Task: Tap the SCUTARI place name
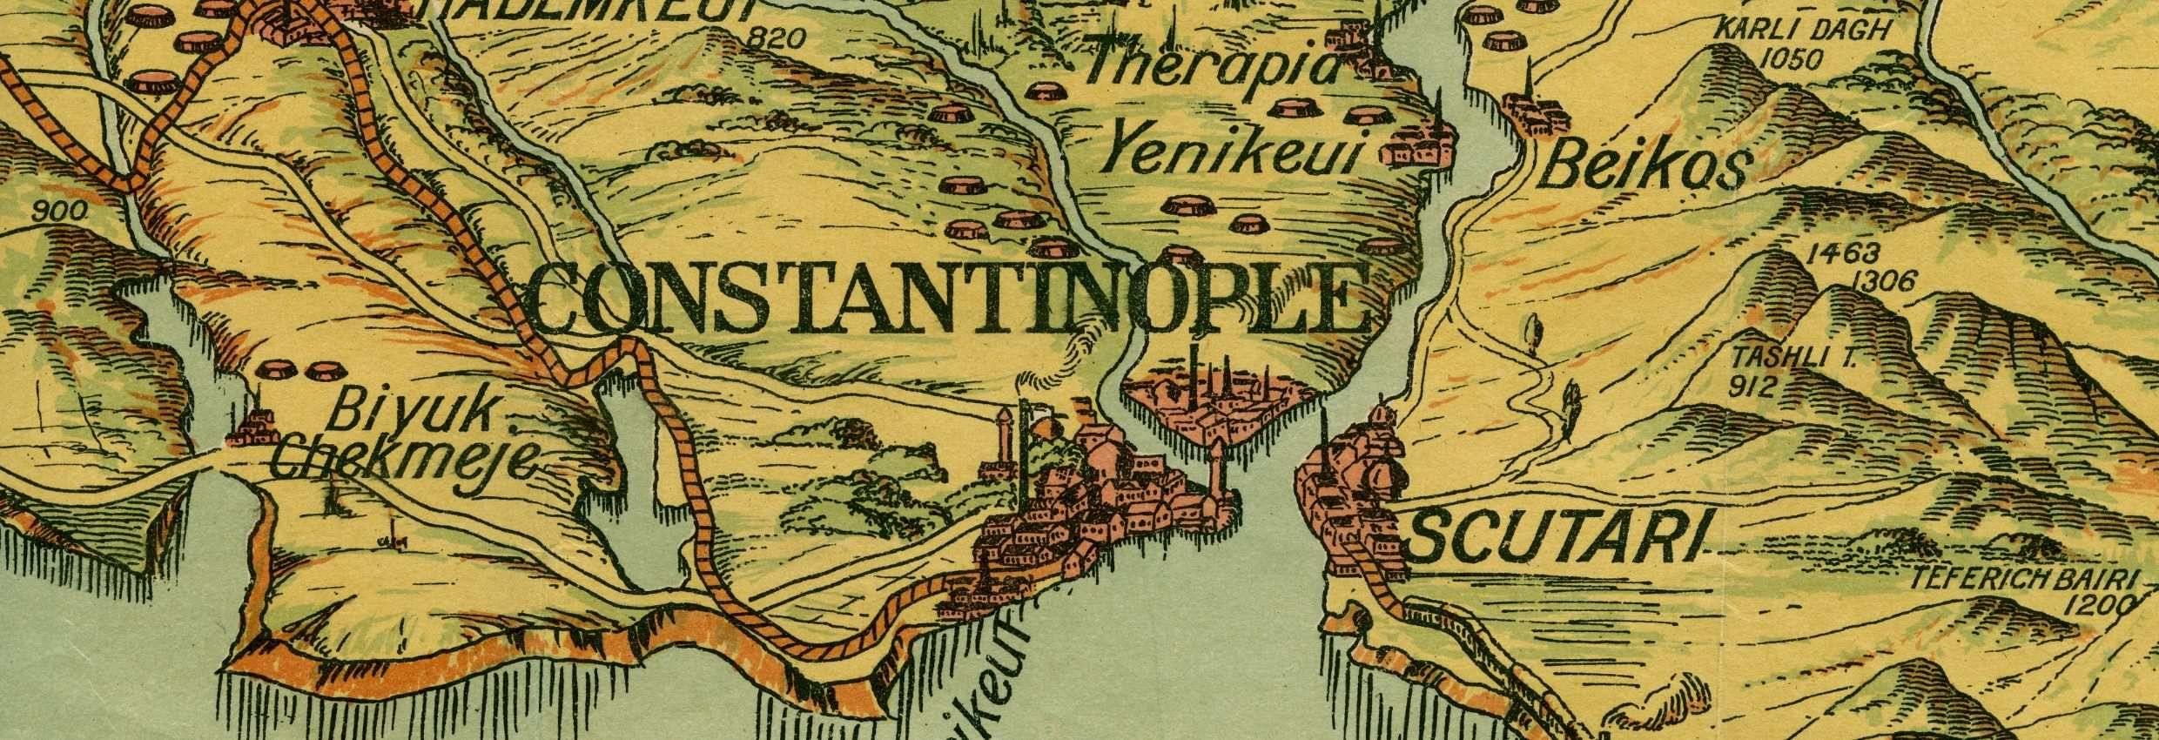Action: [x=1554, y=536]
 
